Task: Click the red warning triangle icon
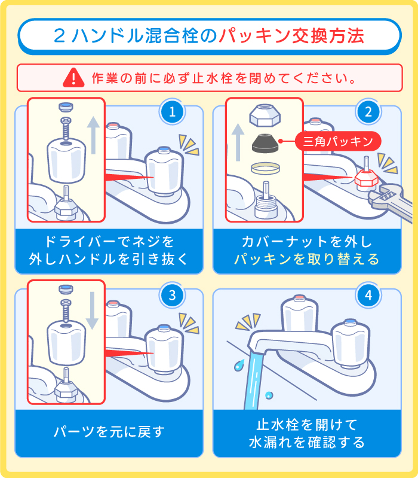(74, 77)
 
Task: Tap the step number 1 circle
(172, 112)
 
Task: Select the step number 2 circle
(368, 112)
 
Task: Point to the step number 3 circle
(172, 295)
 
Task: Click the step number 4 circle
(368, 295)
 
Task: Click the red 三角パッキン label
(338, 141)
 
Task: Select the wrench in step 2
(385, 197)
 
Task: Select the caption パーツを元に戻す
(109, 432)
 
